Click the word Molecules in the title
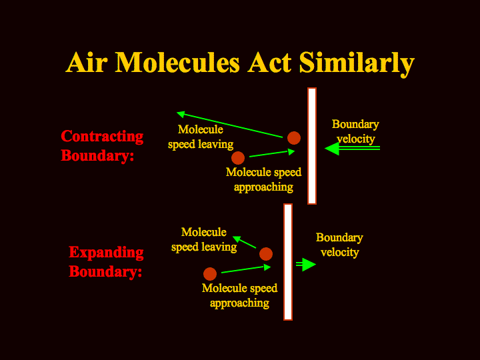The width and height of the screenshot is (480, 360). click(x=177, y=63)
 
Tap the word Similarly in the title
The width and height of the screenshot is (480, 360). click(x=357, y=64)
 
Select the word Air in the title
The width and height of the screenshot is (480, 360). click(x=87, y=63)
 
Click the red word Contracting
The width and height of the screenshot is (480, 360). click(x=102, y=137)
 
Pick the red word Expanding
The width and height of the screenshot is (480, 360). click(x=106, y=253)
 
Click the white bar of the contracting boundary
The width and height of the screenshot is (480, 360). click(x=312, y=146)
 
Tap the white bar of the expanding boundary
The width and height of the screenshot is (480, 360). click(x=288, y=262)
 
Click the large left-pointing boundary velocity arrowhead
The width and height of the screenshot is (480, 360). click(x=332, y=149)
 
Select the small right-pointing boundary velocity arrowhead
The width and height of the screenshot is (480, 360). click(x=309, y=265)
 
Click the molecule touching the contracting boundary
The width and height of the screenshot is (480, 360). click(x=294, y=138)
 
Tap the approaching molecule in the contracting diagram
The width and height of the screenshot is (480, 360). click(x=238, y=158)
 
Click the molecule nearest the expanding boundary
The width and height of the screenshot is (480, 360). click(x=266, y=254)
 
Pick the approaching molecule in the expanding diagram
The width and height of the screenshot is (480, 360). click(x=210, y=274)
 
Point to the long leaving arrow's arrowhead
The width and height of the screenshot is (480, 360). click(x=181, y=114)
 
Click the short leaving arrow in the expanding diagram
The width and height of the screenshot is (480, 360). click(x=244, y=242)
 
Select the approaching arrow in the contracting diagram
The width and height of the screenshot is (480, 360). click(x=272, y=153)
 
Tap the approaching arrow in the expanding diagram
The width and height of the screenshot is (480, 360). click(x=246, y=269)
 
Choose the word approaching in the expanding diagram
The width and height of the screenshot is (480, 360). click(x=239, y=304)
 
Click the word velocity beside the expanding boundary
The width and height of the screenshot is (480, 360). click(x=340, y=253)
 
